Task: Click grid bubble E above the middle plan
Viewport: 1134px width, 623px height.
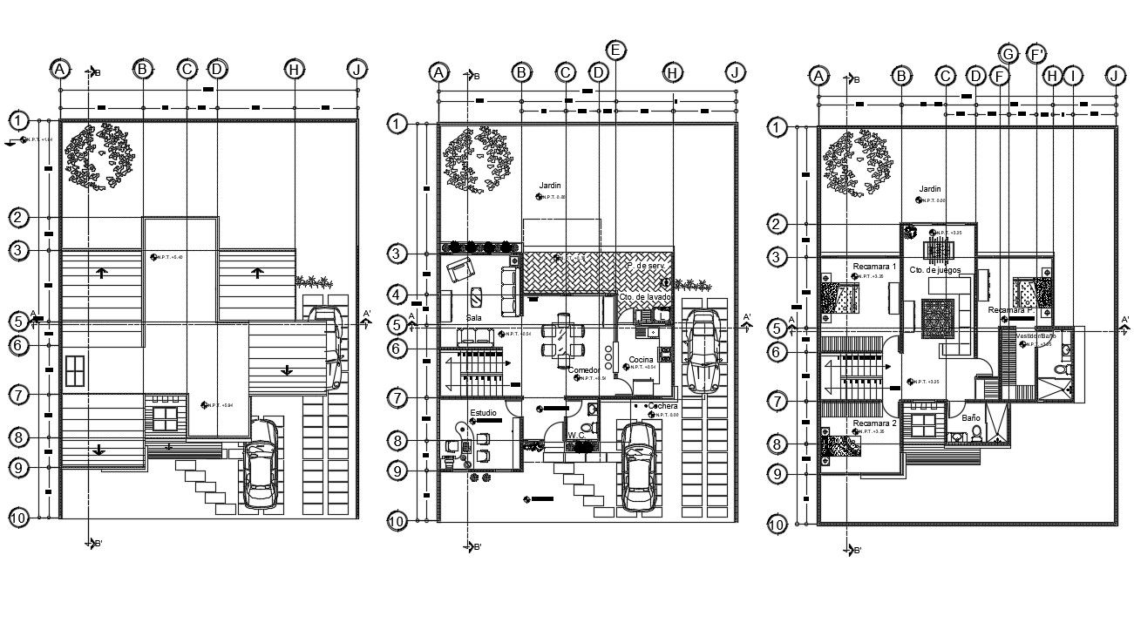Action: coord(616,50)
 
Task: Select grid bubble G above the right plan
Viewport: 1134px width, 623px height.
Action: coord(1008,54)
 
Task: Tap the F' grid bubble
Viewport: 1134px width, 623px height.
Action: coord(1037,54)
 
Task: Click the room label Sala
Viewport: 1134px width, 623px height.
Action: coord(473,319)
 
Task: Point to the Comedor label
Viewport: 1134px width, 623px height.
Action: coord(583,370)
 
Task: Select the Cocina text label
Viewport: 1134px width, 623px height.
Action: coord(642,359)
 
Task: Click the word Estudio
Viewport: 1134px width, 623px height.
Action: coord(484,411)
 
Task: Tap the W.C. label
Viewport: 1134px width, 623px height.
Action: coord(575,435)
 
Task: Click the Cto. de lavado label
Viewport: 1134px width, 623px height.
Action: coord(645,298)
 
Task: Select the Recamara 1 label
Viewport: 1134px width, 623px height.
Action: coord(874,266)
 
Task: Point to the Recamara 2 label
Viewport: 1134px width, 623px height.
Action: coord(874,423)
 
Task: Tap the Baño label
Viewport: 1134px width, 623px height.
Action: coord(970,418)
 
